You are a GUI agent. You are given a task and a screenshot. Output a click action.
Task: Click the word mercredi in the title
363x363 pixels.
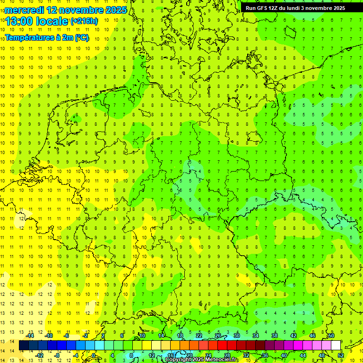[24, 10]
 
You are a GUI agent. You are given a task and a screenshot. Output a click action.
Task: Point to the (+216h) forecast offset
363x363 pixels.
[84, 21]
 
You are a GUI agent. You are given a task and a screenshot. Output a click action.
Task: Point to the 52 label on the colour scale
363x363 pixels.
[341, 355]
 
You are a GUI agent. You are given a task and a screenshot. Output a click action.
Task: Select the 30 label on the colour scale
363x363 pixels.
[237, 336]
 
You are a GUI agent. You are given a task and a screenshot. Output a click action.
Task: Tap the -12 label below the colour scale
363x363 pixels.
[39, 355]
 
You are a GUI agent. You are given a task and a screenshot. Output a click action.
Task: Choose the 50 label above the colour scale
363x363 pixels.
[331, 336]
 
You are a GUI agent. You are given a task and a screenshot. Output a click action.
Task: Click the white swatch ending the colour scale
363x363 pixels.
[336, 346]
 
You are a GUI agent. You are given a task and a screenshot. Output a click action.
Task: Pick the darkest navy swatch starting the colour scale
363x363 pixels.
[24, 346]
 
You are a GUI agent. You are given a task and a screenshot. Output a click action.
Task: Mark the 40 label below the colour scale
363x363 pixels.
[284, 355]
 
